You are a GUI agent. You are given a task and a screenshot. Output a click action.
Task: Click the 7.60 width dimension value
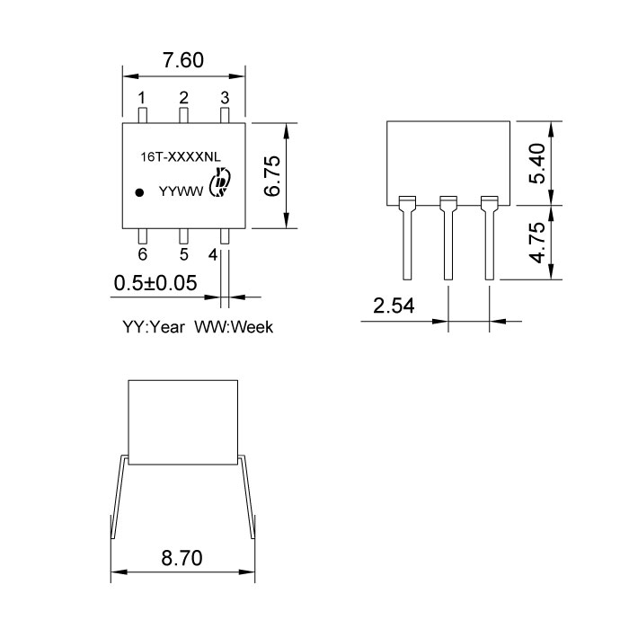pyautogui.click(x=182, y=61)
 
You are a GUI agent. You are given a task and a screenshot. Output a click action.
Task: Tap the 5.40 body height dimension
pyautogui.click(x=537, y=163)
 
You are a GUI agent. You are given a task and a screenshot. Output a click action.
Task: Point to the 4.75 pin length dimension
pyautogui.click(x=537, y=244)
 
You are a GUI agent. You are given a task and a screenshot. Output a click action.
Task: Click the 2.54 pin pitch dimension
pyautogui.click(x=394, y=306)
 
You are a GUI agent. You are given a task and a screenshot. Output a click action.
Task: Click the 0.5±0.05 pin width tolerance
pyautogui.click(x=156, y=283)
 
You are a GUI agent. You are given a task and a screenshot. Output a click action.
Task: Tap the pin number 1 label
pyautogui.click(x=142, y=97)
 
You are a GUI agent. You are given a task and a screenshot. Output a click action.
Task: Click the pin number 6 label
pyautogui.click(x=142, y=255)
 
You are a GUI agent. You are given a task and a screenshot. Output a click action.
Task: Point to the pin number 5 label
pyautogui.click(x=183, y=255)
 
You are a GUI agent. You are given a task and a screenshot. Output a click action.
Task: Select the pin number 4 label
pyautogui.click(x=213, y=255)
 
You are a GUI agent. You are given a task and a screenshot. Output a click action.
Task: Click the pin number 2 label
pyautogui.click(x=183, y=97)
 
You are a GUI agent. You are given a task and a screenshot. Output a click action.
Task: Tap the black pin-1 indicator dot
pyautogui.click(x=139, y=191)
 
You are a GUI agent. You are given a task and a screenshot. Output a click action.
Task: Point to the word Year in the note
pyautogui.click(x=167, y=328)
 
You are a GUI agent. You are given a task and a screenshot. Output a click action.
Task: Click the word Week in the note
pyautogui.click(x=252, y=328)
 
